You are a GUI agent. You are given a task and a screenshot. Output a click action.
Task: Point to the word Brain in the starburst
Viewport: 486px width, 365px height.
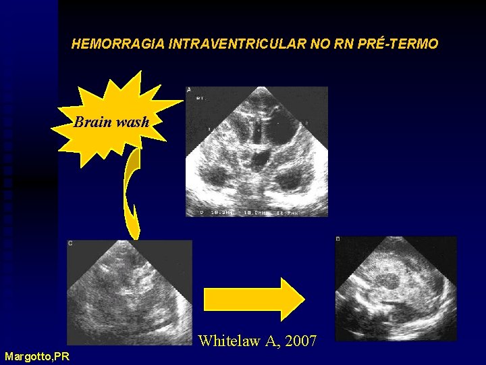(93, 122)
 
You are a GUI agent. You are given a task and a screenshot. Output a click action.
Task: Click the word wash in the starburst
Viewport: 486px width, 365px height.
(132, 122)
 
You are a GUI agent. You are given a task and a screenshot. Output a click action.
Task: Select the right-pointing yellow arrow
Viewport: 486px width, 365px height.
(254, 299)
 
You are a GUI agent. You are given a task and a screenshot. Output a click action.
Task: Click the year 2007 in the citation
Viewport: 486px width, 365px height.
(301, 341)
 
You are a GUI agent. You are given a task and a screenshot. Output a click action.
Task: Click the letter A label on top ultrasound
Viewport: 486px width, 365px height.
(189, 90)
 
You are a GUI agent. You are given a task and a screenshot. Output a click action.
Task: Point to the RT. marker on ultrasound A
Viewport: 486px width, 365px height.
(200, 98)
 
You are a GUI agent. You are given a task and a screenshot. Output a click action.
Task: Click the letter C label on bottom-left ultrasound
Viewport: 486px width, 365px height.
(70, 242)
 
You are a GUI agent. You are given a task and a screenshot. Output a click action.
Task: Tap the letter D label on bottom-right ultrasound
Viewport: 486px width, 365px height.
(338, 239)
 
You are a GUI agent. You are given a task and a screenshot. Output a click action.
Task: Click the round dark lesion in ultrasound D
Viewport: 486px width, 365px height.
(389, 281)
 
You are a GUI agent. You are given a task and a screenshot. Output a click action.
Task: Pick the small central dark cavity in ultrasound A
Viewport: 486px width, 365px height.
(258, 160)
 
